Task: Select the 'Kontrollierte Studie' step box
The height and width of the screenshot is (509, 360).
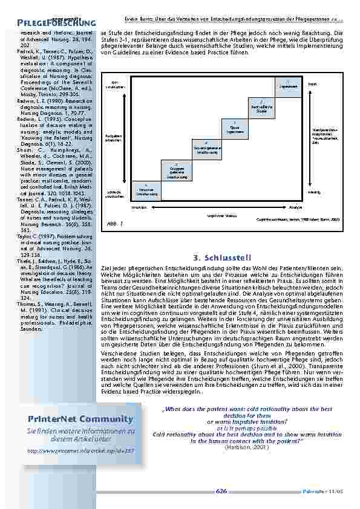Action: (261, 108)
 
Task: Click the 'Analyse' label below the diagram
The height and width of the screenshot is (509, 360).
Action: (295, 207)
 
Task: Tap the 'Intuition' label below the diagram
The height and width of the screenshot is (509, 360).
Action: (139, 207)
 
